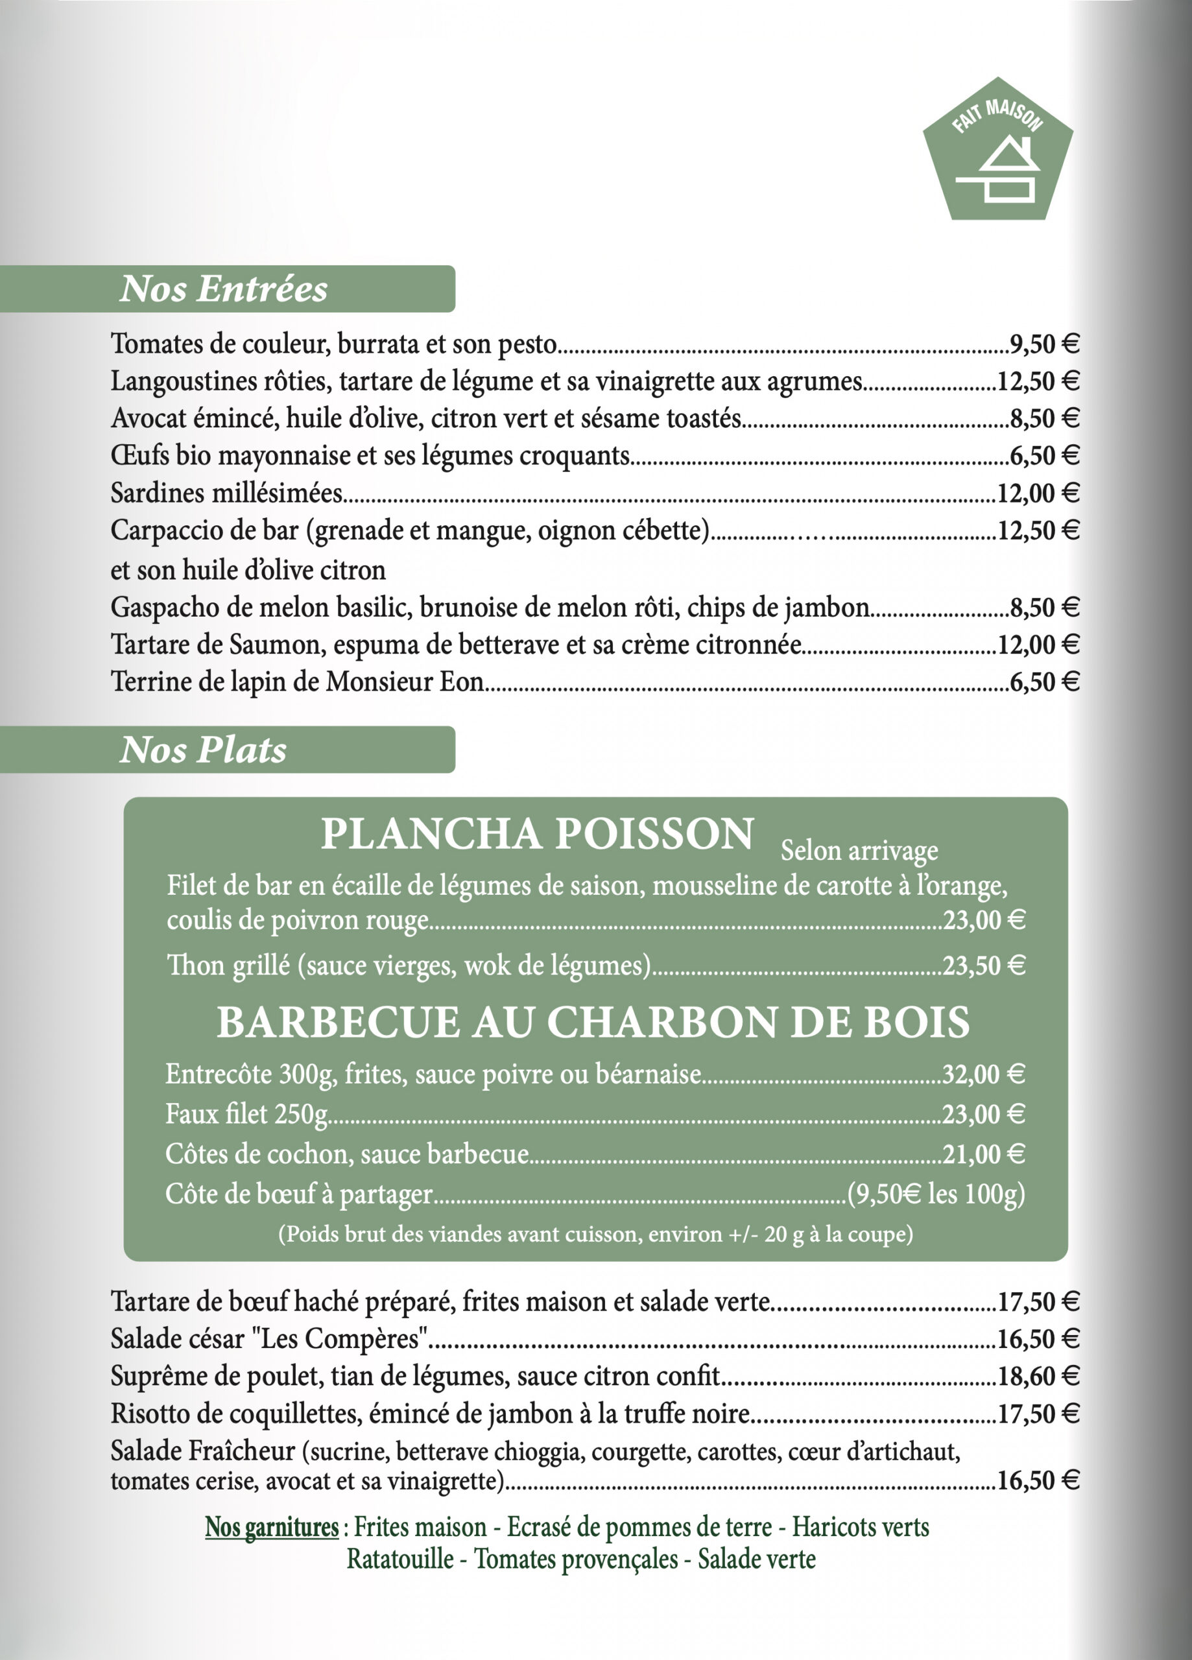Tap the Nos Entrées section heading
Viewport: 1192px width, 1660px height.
click(223, 289)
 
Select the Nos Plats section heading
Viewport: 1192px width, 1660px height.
click(203, 750)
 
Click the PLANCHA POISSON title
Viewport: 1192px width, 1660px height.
click(538, 835)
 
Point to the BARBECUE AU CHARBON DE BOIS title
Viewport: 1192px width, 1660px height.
click(593, 1023)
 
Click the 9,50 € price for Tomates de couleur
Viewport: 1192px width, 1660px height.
click(1044, 344)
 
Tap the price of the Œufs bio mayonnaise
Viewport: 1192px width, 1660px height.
click(1044, 456)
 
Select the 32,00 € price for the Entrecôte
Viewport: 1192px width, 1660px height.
click(983, 1074)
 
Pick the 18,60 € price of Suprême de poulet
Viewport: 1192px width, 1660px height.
click(1038, 1377)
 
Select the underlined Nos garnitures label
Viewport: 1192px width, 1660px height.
click(272, 1528)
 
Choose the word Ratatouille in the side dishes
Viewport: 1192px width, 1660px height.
click(399, 1559)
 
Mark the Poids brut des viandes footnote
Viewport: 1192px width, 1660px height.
click(595, 1235)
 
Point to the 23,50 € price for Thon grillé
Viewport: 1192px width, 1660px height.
click(983, 966)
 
